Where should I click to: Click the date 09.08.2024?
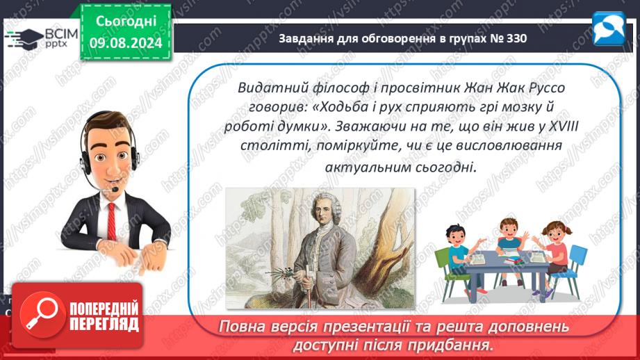click(x=126, y=43)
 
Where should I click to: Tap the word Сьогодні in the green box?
click(x=126, y=22)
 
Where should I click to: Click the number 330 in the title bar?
click(x=516, y=38)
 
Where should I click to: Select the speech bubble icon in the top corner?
click(x=609, y=28)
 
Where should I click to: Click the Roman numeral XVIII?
click(x=564, y=126)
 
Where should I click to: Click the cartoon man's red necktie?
click(x=112, y=221)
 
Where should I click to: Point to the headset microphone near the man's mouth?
click(x=115, y=190)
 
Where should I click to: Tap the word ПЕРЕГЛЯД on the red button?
click(x=104, y=325)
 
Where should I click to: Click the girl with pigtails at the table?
click(x=553, y=253)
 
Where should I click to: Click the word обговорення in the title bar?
click(x=394, y=38)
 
